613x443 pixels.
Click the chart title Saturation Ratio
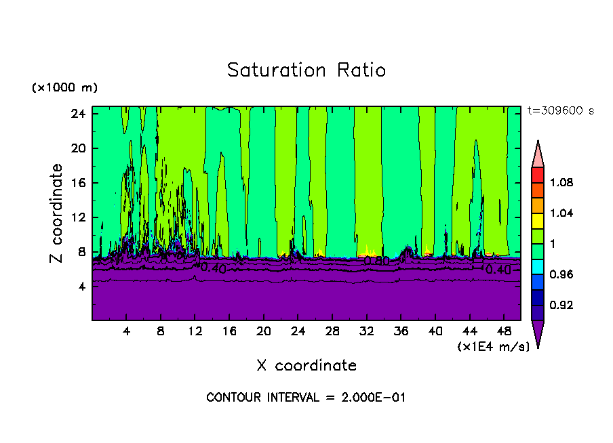(306, 70)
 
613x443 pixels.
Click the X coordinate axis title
(306, 366)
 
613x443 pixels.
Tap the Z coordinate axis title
(57, 213)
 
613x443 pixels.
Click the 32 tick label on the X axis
(367, 331)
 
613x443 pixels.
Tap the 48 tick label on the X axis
(505, 331)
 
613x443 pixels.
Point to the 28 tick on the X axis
(332, 331)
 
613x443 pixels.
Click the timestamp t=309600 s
(560, 111)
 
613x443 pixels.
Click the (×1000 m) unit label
(64, 88)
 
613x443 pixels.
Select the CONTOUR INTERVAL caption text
(306, 398)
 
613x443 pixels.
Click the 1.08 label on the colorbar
(561, 183)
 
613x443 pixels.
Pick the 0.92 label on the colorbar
(561, 305)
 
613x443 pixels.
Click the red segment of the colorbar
(538, 175)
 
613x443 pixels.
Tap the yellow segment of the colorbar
(538, 220)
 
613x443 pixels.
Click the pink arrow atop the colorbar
(538, 154)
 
